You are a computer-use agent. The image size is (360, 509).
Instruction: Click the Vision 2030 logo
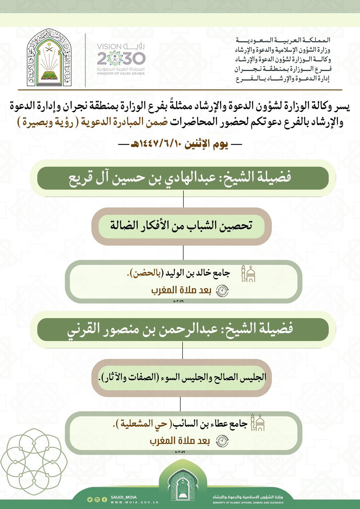point(121,59)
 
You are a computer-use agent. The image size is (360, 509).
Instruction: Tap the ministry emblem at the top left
point(49,58)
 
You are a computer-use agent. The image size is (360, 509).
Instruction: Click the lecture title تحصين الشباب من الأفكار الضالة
point(181,226)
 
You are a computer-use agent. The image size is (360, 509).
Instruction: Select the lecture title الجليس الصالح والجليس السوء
point(182,377)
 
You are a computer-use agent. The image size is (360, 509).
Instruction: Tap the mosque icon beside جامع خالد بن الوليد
point(248,273)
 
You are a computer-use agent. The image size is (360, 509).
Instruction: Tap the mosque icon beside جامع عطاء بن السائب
point(258,422)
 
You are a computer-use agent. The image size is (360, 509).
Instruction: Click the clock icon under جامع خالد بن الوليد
point(222,291)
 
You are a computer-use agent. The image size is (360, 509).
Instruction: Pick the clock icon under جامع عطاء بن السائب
point(222,441)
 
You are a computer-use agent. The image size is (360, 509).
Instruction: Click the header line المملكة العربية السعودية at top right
point(283,40)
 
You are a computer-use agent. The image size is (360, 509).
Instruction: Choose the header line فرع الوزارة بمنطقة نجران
point(283,69)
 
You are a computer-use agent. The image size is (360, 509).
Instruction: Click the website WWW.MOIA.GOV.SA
point(135,503)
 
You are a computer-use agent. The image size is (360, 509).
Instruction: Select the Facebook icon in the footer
point(104,499)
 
